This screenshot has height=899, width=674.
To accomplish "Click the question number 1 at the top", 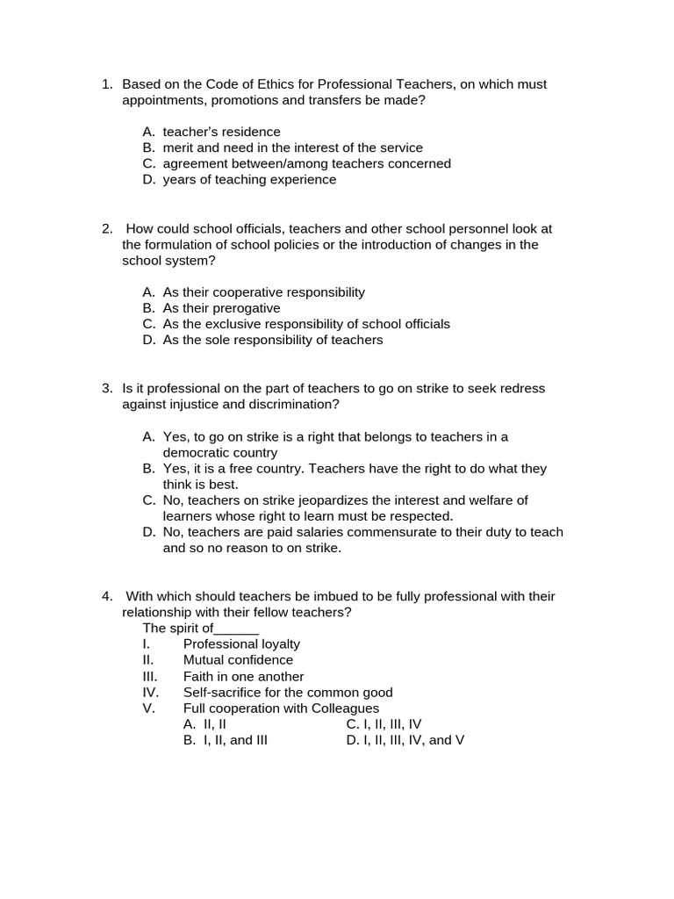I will pyautogui.click(x=106, y=85).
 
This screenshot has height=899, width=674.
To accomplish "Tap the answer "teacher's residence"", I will pyautogui.click(x=221, y=133).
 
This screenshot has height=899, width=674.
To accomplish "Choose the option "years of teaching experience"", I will pyautogui.click(x=249, y=180).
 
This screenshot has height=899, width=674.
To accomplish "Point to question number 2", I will pyautogui.click(x=106, y=229).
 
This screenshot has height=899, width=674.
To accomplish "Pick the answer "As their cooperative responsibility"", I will pyautogui.click(x=263, y=292).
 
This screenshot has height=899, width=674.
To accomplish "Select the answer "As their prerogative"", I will pyautogui.click(x=221, y=308).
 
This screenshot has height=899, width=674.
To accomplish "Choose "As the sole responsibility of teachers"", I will pyautogui.click(x=273, y=340).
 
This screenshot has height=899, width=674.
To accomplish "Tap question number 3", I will pyautogui.click(x=106, y=389).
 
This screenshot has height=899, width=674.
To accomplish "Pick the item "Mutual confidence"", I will pyautogui.click(x=238, y=660).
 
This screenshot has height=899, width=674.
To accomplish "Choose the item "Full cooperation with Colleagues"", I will pyautogui.click(x=281, y=708).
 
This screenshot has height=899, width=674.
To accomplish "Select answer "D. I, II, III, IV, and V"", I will pyautogui.click(x=405, y=740).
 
